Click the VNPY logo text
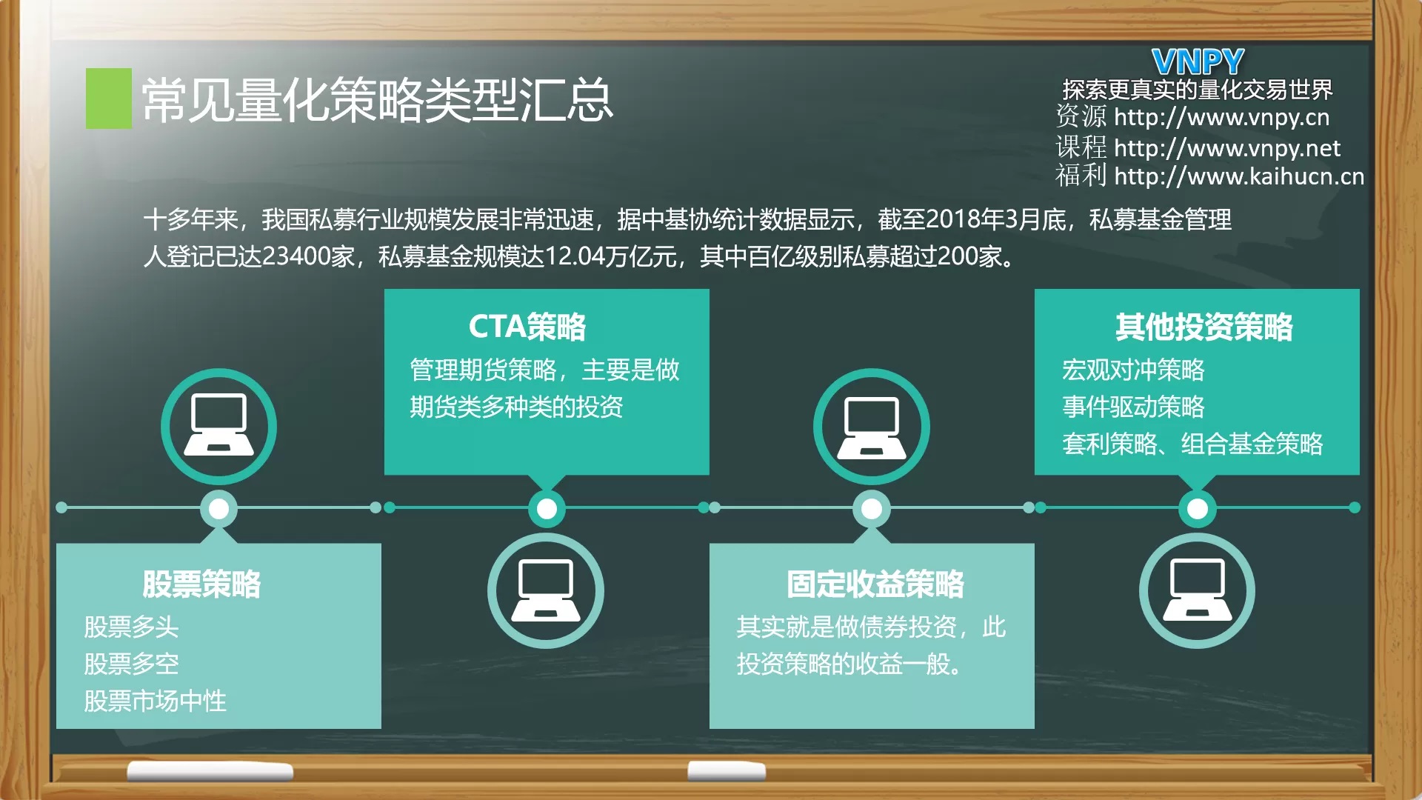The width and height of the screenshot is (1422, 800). pos(1198,61)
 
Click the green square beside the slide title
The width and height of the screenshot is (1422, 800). pos(109,99)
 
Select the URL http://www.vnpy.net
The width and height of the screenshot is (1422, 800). pos(1226,148)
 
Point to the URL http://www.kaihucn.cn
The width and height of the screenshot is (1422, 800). pos(1238,176)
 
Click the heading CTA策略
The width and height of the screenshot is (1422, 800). pos(527,327)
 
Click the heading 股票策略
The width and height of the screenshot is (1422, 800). pos(201,584)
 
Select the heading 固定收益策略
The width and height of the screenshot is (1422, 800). pos(875,584)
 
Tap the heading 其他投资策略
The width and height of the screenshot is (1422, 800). pos(1204,327)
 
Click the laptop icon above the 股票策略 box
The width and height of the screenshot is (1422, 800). pos(218,427)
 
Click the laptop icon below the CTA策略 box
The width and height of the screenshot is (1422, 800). pos(546,591)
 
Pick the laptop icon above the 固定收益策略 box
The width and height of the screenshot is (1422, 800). pos(872,427)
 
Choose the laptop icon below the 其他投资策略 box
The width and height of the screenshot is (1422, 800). pos(1198,591)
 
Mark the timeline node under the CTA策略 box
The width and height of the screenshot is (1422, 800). pos(547,509)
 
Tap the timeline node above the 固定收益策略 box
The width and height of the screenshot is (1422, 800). pos(872,509)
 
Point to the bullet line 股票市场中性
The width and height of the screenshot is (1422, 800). pos(155,701)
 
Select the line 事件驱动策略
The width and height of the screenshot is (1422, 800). pos(1133,407)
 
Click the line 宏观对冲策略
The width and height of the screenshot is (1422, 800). pos(1133,370)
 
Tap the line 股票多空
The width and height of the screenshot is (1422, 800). pos(131,664)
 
